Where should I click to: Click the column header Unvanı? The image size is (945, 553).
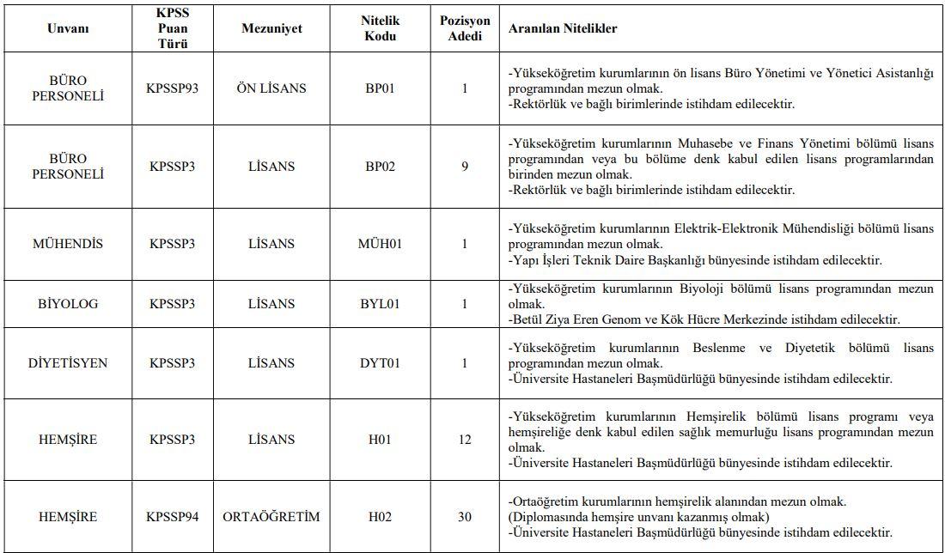pyautogui.click(x=69, y=28)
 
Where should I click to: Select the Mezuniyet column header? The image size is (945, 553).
pyautogui.click(x=271, y=28)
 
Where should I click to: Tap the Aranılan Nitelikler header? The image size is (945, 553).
pyautogui.click(x=563, y=28)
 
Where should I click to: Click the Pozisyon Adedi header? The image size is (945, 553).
pyautogui.click(x=465, y=28)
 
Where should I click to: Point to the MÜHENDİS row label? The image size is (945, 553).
pyautogui.click(x=69, y=244)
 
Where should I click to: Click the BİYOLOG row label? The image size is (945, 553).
pyautogui.click(x=69, y=304)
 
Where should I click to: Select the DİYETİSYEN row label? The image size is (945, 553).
pyautogui.click(x=69, y=363)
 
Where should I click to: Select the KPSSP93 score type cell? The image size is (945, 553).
pyautogui.click(x=173, y=88)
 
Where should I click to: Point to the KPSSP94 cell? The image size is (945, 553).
pyautogui.click(x=173, y=517)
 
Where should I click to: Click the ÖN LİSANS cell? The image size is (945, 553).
pyautogui.click(x=271, y=88)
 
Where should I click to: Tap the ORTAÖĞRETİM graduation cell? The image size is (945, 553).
pyautogui.click(x=271, y=517)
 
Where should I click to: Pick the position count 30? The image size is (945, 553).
pyautogui.click(x=465, y=517)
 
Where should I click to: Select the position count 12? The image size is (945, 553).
pyautogui.click(x=465, y=440)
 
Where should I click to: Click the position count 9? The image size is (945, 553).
pyautogui.click(x=465, y=167)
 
